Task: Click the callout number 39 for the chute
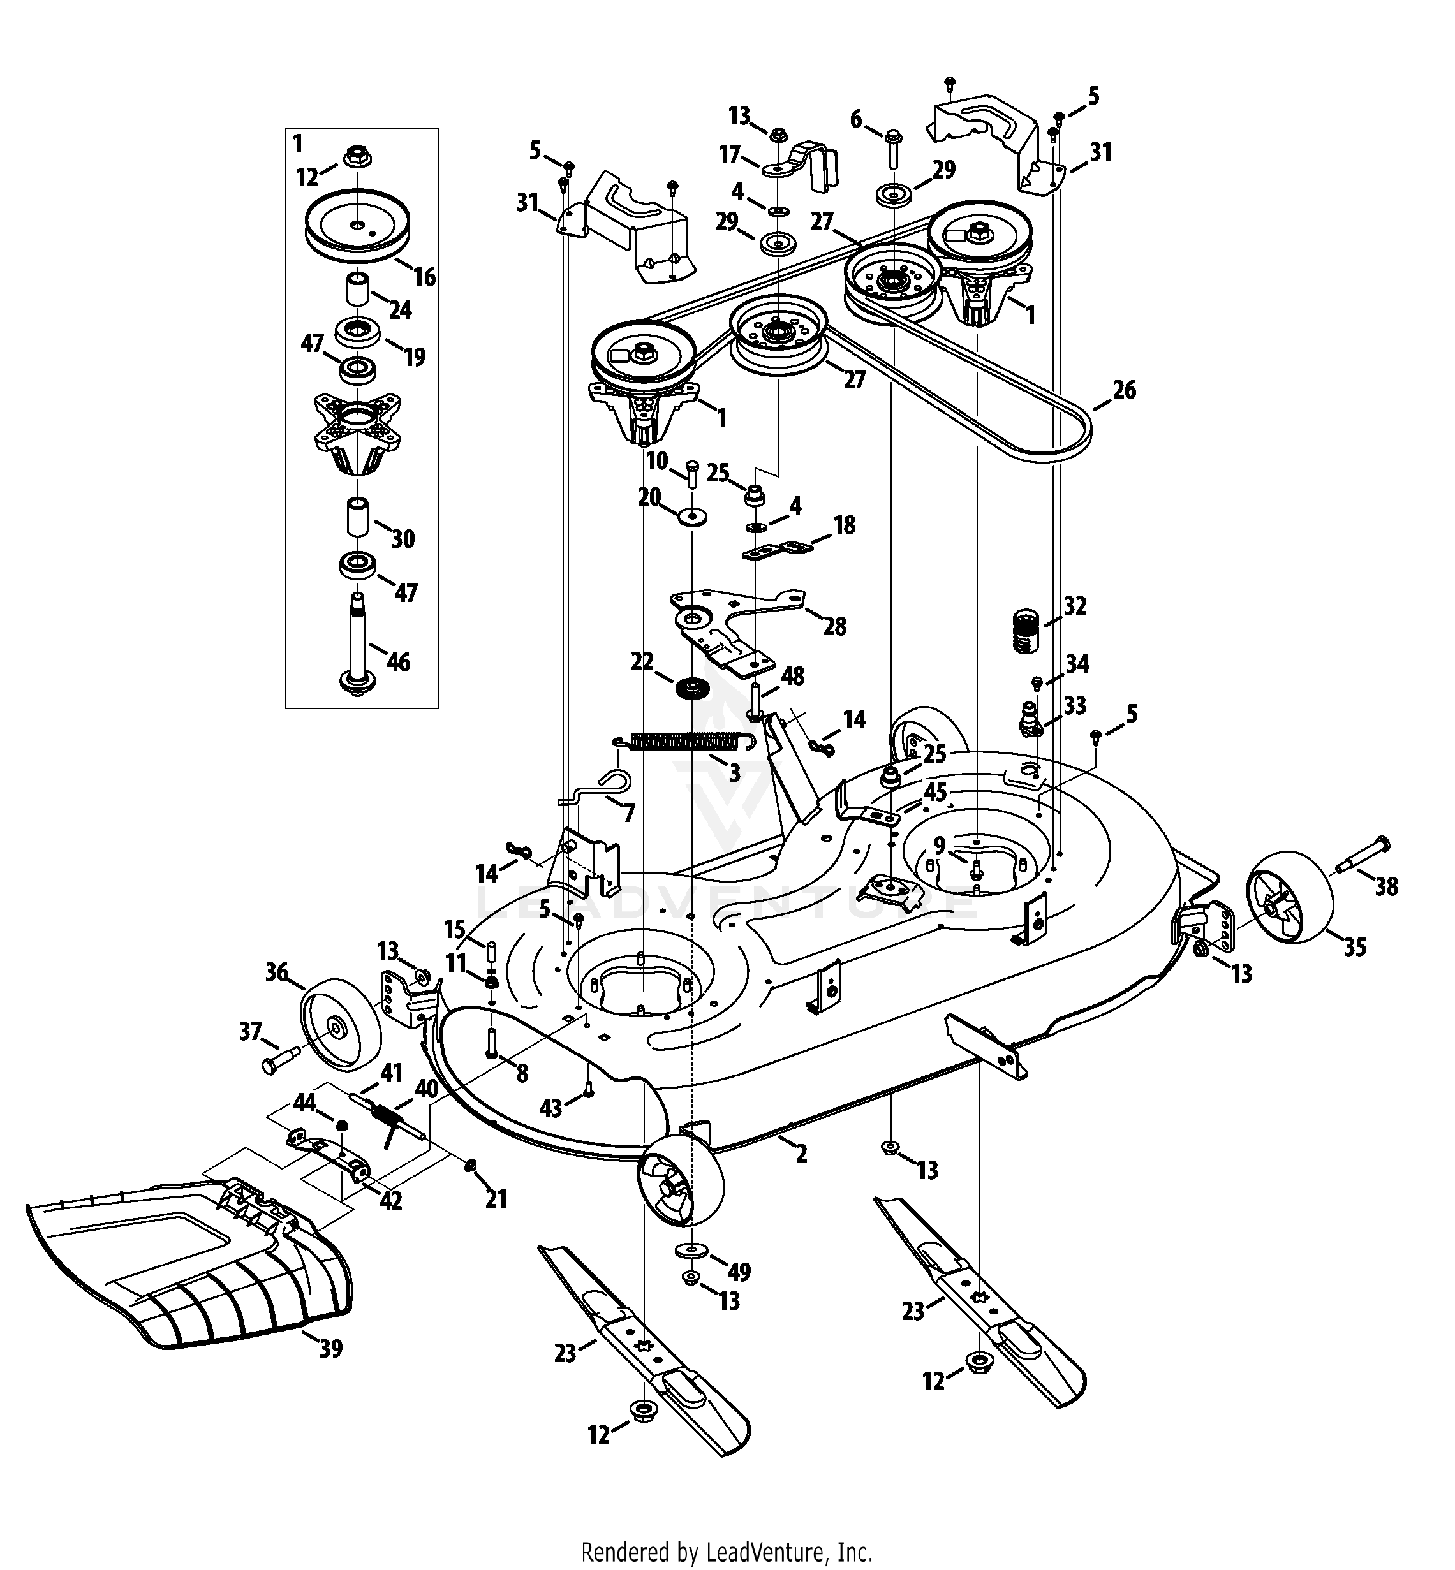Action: tap(330, 1349)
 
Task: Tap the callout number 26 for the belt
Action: tap(1125, 390)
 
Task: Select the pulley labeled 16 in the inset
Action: tap(358, 224)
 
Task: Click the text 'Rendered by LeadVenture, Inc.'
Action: tap(727, 1530)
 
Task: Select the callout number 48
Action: tap(792, 676)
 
